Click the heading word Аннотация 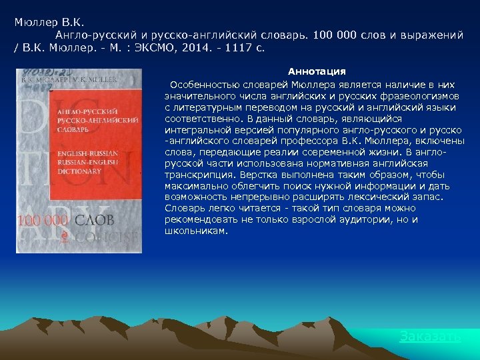point(317,71)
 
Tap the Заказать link point(430,336)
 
